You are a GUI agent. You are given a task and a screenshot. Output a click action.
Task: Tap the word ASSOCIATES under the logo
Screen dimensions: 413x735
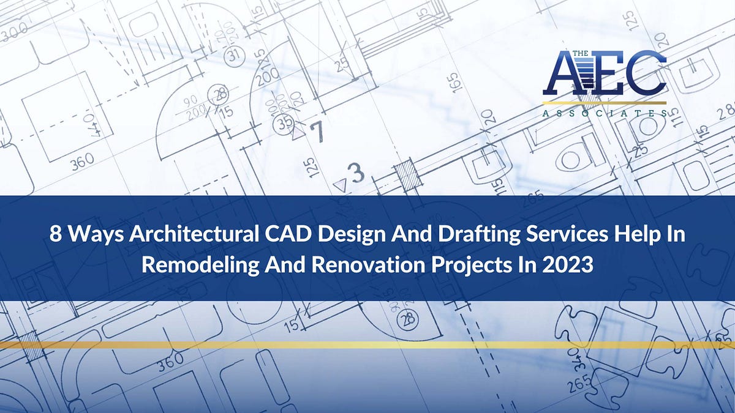click(604, 113)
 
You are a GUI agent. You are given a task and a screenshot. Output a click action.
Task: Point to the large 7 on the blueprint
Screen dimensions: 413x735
click(316, 131)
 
